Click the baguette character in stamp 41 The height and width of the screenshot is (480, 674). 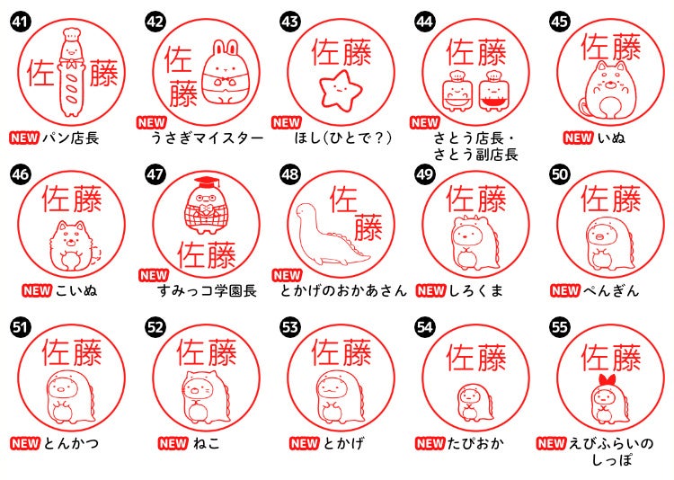[70, 76]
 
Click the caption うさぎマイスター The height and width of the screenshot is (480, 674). [208, 138]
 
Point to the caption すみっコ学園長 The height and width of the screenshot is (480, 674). [205, 290]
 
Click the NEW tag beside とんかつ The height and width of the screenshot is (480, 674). [24, 443]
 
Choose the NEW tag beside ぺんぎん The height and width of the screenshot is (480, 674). [565, 290]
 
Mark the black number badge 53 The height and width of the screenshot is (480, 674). [290, 326]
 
